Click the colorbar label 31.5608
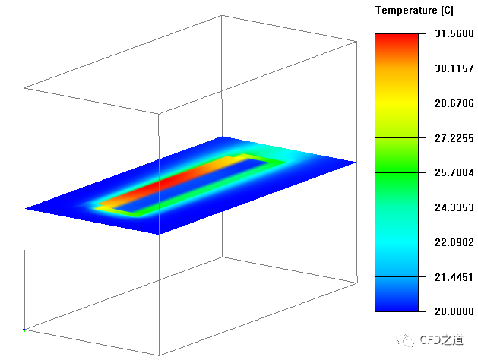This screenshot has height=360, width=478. coord(454,33)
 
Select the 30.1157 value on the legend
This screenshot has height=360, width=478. coord(454,68)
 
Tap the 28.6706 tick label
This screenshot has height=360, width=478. coord(454,103)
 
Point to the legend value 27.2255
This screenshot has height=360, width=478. coord(454,138)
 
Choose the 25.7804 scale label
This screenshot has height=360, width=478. coord(454,172)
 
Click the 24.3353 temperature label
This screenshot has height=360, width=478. coord(454,207)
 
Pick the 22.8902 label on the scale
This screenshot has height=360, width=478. coord(454,242)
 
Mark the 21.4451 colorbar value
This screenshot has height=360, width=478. coord(454,277)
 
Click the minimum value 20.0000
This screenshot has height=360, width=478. coord(454,311)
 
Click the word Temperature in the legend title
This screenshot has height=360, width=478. coord(407,11)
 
